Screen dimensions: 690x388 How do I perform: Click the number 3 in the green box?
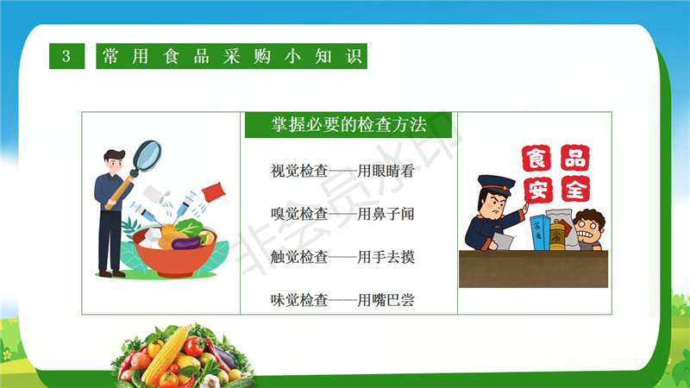(66, 56)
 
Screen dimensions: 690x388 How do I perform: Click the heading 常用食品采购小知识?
(231, 56)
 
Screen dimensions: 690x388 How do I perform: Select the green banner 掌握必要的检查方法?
(348, 125)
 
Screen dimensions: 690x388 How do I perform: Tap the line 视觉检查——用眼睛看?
(342, 171)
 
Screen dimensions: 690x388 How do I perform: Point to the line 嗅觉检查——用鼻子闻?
(342, 214)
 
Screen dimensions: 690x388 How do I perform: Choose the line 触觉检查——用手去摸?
(342, 257)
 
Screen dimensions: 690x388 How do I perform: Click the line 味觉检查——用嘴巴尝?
(342, 300)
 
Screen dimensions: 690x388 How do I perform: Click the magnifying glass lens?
(147, 155)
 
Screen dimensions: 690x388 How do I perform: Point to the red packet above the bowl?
(213, 192)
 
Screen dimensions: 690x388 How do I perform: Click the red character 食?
(536, 158)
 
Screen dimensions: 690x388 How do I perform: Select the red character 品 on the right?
(574, 158)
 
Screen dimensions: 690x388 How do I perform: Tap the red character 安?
(537, 191)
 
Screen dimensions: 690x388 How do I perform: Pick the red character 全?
(575, 189)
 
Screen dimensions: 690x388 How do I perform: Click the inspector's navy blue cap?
(496, 183)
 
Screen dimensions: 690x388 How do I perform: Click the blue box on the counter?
(540, 233)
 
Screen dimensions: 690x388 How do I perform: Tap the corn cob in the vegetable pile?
(166, 354)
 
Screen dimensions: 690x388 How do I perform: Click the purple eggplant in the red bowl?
(186, 243)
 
